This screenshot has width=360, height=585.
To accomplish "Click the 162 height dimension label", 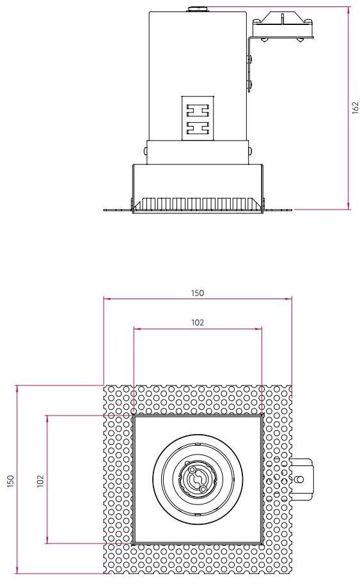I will tap(355, 108).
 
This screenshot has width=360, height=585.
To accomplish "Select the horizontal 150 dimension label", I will tap(198, 293).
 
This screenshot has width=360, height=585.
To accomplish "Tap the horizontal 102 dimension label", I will tap(198, 323).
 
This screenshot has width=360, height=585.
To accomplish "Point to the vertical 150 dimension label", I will tap(11, 480).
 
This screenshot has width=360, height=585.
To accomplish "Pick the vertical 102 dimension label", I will tap(40, 480).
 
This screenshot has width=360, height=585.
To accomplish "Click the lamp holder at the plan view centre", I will tap(198, 480).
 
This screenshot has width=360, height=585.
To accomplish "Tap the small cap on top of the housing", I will tap(197, 10).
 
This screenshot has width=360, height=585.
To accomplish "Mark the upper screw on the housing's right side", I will tap(250, 60).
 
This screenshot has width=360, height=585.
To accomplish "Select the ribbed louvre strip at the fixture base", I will tap(198, 204).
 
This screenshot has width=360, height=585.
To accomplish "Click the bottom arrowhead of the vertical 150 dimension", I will tap(17, 570).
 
